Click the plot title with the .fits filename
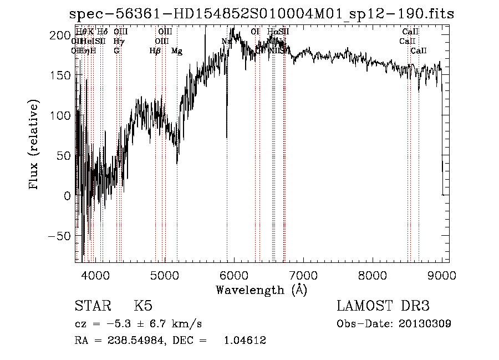click(262, 14)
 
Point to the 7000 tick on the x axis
click(303, 275)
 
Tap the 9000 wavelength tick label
click(441, 275)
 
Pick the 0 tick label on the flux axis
click(67, 196)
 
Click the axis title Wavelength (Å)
click(261, 290)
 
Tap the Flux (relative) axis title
click(34, 145)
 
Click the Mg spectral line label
click(176, 51)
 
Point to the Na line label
click(226, 42)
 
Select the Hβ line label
click(155, 51)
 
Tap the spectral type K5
click(143, 306)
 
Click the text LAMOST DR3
click(383, 306)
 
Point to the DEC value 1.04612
click(245, 341)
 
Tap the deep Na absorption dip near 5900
click(227, 130)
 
